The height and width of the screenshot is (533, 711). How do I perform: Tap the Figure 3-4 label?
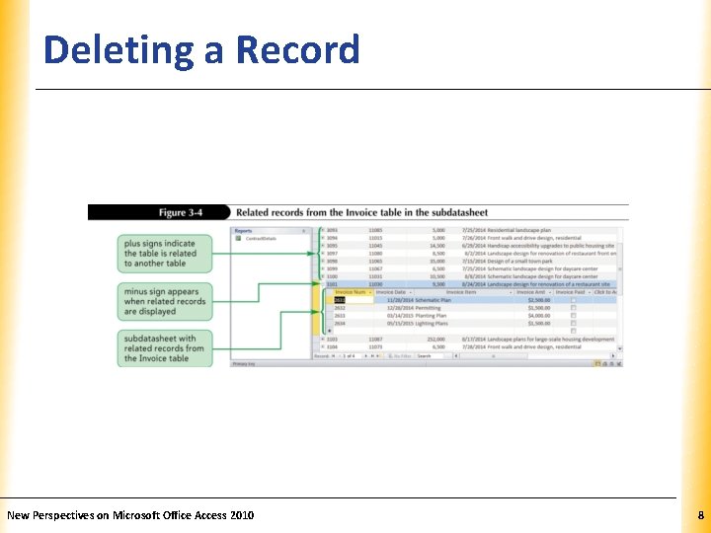pos(186,212)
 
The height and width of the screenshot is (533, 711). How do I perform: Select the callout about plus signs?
pos(167,253)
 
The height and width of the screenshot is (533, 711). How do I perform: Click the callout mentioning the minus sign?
pos(167,301)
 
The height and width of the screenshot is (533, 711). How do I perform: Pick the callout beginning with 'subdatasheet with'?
pos(167,347)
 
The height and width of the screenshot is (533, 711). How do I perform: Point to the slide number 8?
pos(700,515)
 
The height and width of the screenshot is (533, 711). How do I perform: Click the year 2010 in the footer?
pos(241,515)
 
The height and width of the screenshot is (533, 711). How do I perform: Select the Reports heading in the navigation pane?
pos(243,232)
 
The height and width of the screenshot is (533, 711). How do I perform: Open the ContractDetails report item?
pos(262,239)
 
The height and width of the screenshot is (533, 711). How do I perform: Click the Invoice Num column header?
pos(352,292)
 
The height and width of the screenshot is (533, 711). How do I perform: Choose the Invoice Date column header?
pos(391,292)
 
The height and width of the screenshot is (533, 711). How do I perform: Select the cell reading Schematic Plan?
pos(432,300)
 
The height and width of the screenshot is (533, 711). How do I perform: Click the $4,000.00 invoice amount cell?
pos(539,315)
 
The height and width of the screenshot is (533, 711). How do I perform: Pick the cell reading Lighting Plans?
pos(432,323)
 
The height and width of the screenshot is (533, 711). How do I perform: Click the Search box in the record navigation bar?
pos(431,355)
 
